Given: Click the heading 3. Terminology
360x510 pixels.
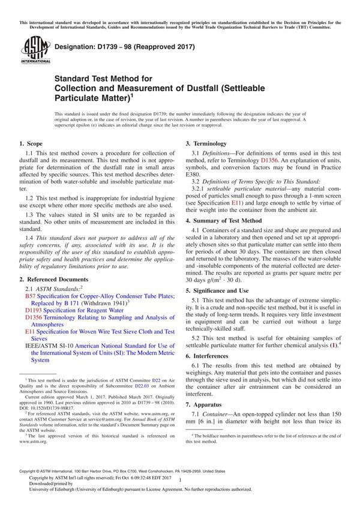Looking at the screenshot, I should tap(206, 144).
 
